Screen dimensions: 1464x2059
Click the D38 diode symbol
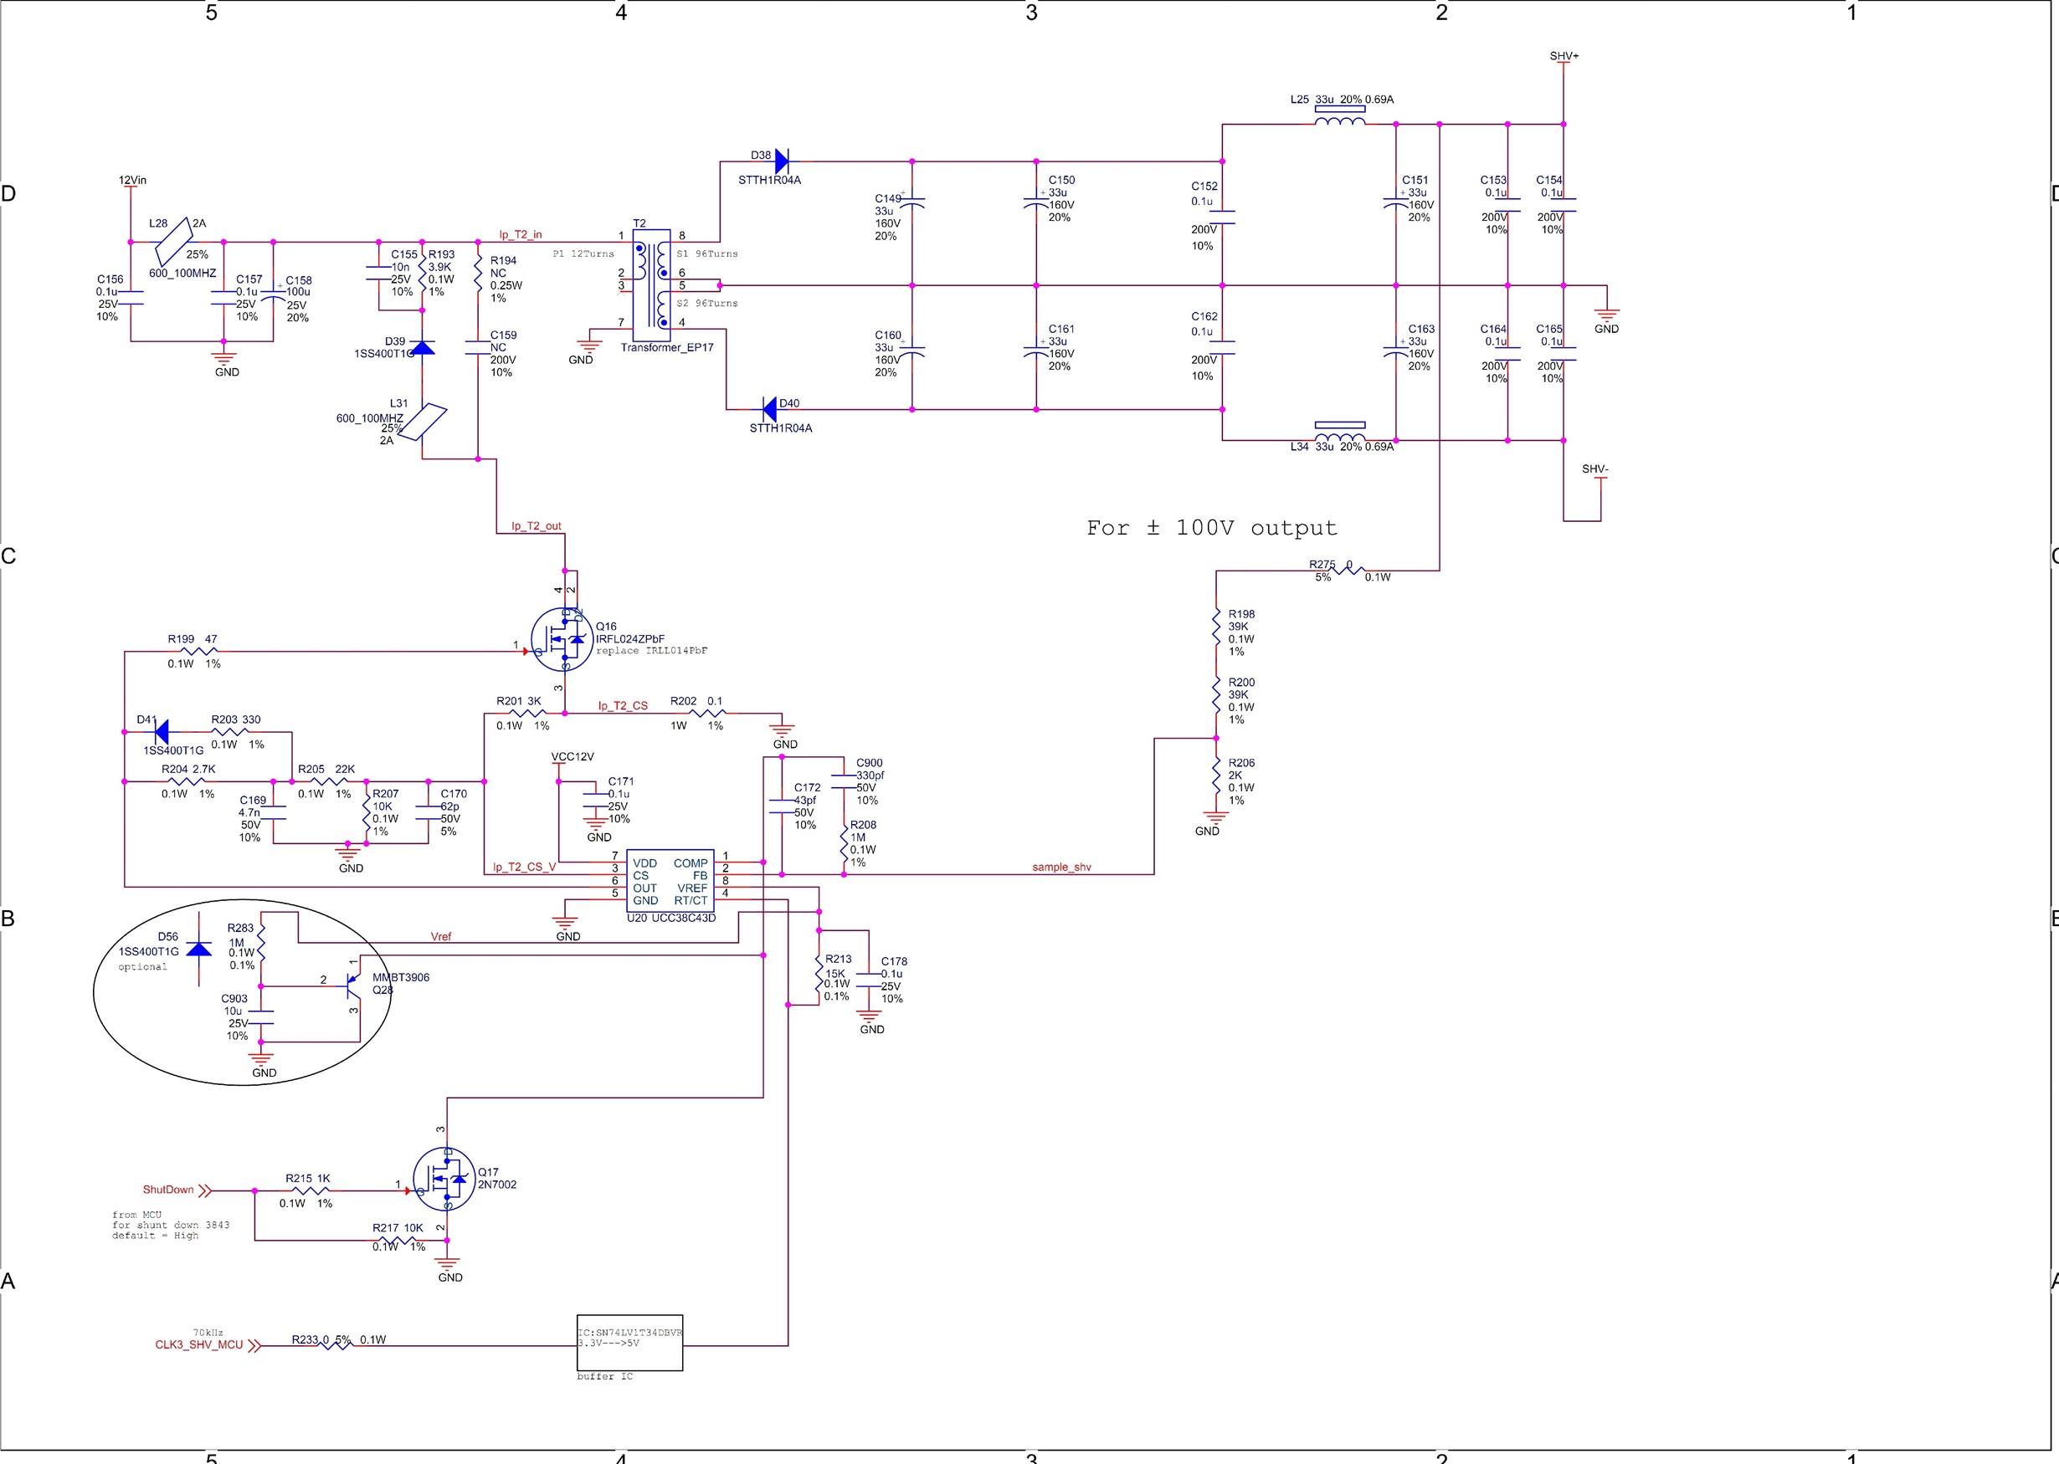coord(781,161)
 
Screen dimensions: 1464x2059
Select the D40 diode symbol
coord(769,409)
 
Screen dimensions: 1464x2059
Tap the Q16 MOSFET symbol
coord(562,640)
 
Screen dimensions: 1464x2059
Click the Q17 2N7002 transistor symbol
coord(444,1179)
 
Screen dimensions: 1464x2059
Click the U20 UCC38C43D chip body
coord(670,881)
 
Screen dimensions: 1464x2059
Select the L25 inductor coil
coord(1339,119)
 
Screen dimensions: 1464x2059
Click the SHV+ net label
coord(1564,56)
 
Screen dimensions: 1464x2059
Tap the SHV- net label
coord(1594,468)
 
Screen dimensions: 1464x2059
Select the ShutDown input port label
coord(168,1190)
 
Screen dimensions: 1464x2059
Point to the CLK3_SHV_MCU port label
coord(198,1345)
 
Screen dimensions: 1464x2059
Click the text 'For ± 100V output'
coord(1211,528)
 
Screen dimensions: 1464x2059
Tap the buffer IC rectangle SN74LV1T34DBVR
coord(629,1344)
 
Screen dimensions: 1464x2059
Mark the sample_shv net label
coord(1061,868)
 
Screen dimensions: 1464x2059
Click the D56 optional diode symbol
coord(199,950)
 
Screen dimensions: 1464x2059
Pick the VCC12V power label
coord(573,757)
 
